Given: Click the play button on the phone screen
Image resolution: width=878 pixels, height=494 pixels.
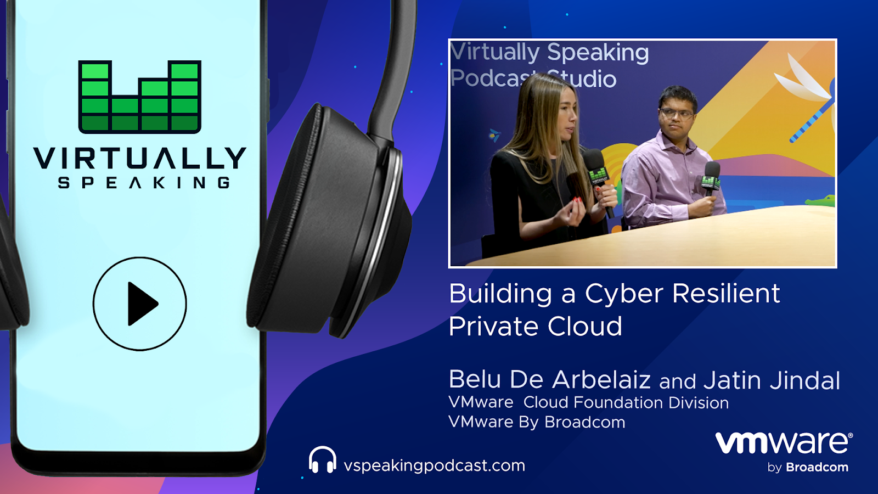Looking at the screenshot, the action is (140, 304).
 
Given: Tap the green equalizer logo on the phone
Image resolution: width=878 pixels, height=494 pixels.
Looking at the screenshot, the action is (140, 97).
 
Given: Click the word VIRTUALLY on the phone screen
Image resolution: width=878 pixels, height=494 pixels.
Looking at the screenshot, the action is (140, 158).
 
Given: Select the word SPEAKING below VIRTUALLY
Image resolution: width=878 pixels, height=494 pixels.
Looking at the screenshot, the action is (144, 183).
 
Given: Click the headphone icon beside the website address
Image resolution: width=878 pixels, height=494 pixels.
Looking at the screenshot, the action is (322, 459).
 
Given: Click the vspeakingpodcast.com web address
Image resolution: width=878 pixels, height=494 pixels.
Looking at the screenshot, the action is (434, 466).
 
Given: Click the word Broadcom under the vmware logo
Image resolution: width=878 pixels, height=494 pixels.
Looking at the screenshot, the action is (817, 467).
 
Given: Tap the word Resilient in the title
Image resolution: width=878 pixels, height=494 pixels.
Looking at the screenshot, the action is (727, 293).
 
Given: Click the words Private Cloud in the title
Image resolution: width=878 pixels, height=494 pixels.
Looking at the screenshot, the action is (536, 326).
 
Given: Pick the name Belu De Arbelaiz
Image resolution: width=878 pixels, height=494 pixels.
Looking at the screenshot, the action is (549, 379).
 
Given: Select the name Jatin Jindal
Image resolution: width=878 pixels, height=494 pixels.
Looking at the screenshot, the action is (772, 380).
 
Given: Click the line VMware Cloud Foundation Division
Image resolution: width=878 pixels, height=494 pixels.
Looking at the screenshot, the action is (589, 403).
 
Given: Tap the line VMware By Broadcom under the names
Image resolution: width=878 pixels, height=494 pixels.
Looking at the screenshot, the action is (537, 422).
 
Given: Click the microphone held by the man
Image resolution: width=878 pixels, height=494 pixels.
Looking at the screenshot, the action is (711, 179).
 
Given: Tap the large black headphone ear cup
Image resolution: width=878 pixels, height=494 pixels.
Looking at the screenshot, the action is (329, 220).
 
